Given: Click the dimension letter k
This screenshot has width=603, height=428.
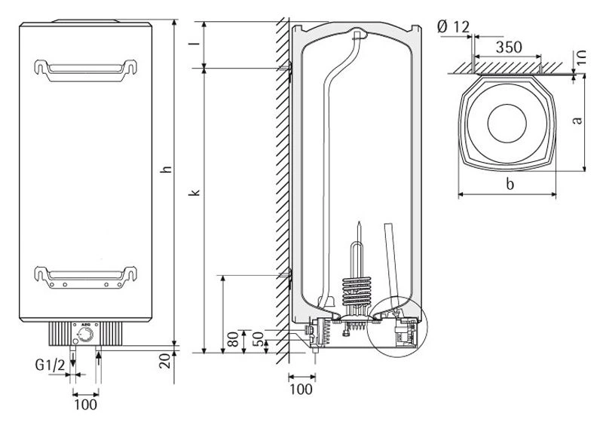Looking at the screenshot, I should pos(194,193).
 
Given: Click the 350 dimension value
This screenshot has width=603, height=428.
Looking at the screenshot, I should pos(508,47).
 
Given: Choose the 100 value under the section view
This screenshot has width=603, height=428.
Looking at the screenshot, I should pos(301,390).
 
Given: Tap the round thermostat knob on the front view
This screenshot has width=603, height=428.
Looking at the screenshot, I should pos(87,335).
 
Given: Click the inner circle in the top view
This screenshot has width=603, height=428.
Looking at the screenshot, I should pos(510,122).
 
